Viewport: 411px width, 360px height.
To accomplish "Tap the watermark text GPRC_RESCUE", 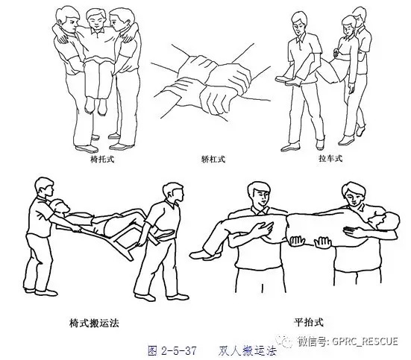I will [368, 341].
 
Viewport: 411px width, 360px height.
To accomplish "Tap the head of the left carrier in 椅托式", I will [68, 19].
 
